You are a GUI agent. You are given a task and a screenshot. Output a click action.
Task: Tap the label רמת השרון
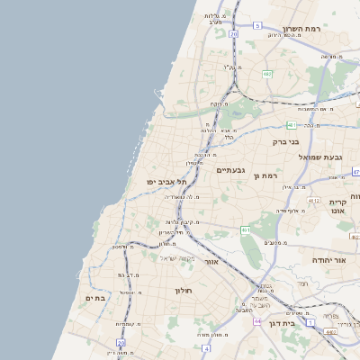click(301, 29)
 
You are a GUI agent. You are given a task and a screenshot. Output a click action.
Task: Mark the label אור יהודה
click(329, 258)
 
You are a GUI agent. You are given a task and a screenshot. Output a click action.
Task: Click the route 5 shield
click(256, 25)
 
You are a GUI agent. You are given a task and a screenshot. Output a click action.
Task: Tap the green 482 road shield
click(267, 74)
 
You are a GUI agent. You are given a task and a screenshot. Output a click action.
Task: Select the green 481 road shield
click(292, 124)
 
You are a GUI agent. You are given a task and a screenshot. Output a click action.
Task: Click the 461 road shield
click(246, 231)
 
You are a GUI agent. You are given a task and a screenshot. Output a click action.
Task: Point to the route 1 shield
click(310, 321)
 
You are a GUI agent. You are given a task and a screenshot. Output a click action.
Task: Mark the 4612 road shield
click(313, 200)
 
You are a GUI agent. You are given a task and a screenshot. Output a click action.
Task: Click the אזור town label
click(212, 261)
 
